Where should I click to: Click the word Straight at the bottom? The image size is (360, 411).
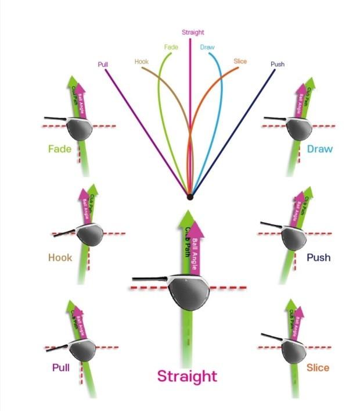tap(187, 376)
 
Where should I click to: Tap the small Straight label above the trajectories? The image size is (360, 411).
tap(193, 33)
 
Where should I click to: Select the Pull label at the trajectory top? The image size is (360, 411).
tap(104, 65)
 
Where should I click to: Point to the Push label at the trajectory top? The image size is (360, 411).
tap(278, 64)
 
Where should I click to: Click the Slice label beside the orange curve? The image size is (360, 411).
tap(240, 61)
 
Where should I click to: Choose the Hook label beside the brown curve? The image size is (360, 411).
tap(142, 61)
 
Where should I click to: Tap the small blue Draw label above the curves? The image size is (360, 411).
tap(207, 47)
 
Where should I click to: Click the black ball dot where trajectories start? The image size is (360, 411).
tap(190, 198)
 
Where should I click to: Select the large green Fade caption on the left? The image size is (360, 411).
tap(60, 149)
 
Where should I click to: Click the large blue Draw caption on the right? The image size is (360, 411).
tap(320, 149)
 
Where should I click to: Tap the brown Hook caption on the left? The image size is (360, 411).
tap(60, 258)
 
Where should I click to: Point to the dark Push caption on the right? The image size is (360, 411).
tap(318, 258)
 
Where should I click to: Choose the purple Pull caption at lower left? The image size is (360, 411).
tap(61, 367)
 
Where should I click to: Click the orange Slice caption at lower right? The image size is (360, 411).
tap(318, 367)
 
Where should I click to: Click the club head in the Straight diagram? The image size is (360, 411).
tap(188, 296)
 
